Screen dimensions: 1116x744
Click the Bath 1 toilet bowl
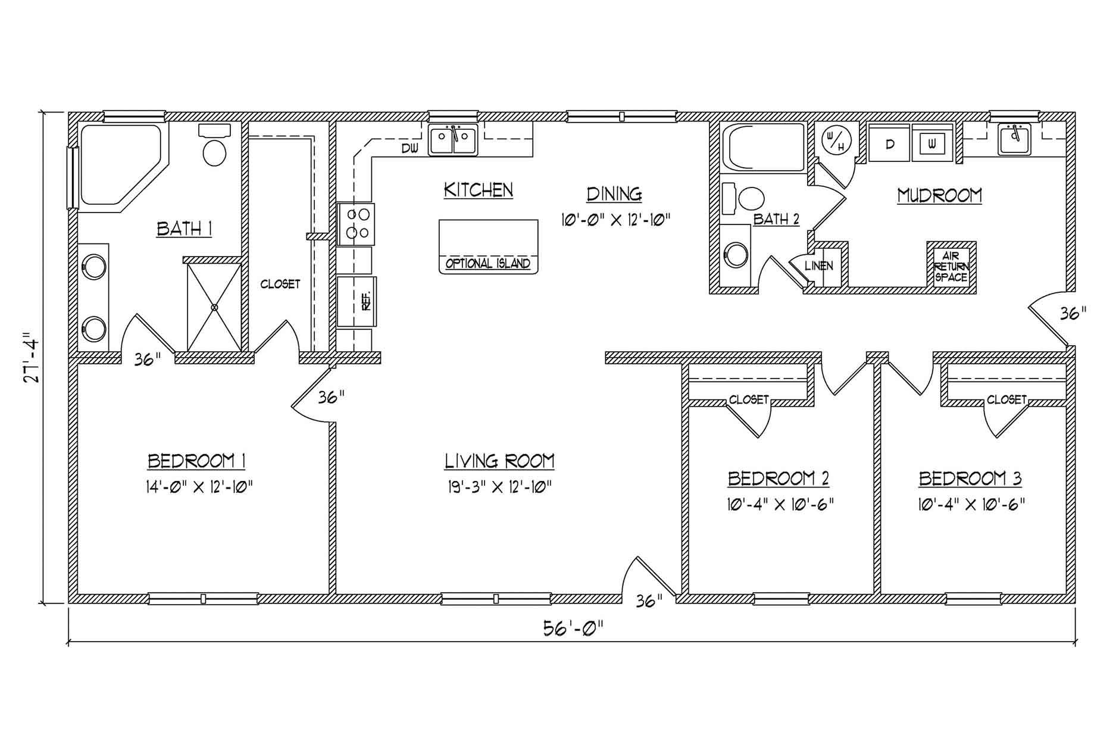(215, 153)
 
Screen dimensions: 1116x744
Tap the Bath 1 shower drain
(214, 307)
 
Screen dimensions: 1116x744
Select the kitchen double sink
(454, 140)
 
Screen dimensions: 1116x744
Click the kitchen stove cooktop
(357, 224)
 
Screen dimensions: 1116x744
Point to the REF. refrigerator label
(365, 301)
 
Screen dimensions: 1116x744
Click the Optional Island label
(488, 264)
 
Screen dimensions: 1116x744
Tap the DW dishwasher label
(410, 149)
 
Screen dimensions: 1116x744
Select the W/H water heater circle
(833, 140)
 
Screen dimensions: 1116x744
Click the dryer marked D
(890, 143)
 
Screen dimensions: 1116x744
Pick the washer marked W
(933, 143)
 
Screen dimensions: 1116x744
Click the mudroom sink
(1015, 140)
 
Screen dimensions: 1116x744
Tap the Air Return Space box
(951, 267)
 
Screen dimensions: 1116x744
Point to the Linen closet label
(819, 266)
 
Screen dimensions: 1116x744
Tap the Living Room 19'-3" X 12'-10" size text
(499, 487)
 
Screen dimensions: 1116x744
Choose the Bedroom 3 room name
(970, 479)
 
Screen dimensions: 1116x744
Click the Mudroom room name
(939, 195)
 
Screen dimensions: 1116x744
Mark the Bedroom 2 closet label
(749, 399)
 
